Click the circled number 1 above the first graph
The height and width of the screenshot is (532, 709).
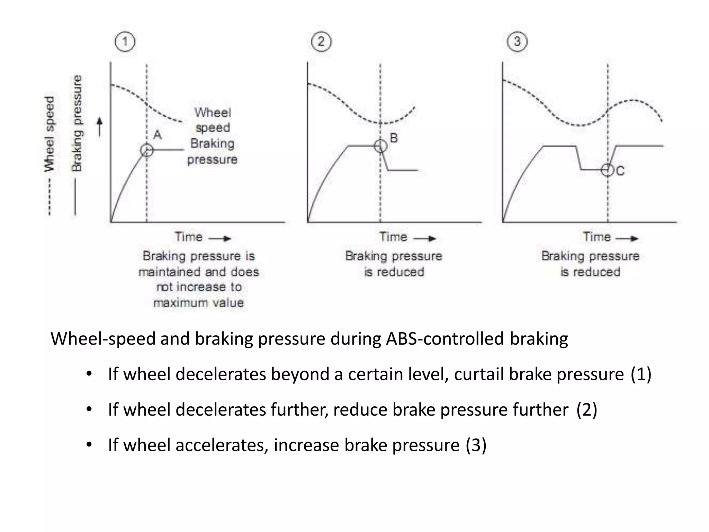(125, 42)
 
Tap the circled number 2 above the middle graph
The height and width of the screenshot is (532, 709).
(321, 42)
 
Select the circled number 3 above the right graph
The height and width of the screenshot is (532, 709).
(517, 42)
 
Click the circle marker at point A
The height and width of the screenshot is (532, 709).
(147, 150)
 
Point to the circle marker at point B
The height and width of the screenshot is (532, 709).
(380, 146)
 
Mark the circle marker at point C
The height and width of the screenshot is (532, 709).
(607, 170)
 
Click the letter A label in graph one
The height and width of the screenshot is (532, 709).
(158, 135)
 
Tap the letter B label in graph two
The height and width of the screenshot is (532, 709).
(394, 138)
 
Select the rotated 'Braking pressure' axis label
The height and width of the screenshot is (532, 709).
(77, 123)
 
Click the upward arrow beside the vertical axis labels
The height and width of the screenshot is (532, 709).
(100, 127)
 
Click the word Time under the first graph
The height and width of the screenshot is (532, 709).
(188, 237)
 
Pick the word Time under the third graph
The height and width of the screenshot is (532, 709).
(596, 237)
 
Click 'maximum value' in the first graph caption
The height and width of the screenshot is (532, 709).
(198, 303)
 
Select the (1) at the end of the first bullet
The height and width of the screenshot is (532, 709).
(641, 374)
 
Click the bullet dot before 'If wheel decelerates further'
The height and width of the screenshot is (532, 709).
(89, 409)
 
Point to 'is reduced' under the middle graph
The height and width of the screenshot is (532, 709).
(394, 272)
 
